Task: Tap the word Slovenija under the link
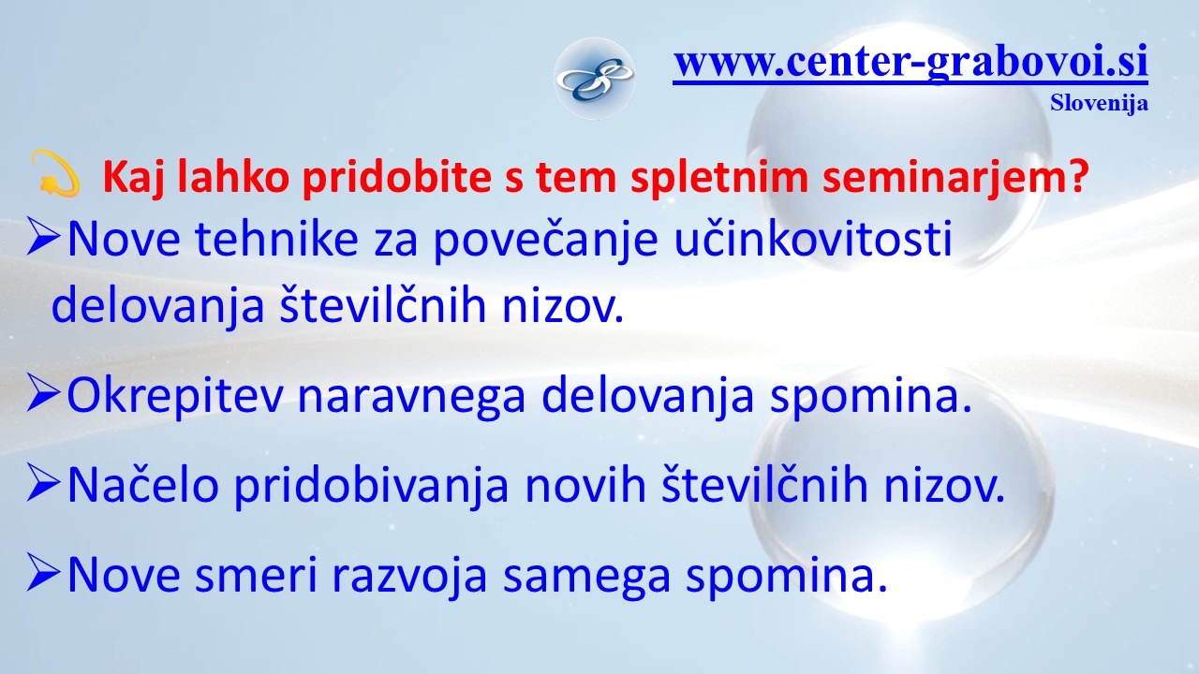[x=1099, y=103]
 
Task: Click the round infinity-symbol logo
[x=595, y=79]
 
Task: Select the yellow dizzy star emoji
[x=55, y=174]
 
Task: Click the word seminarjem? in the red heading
[x=956, y=177]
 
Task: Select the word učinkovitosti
[x=813, y=239]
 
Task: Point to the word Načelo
[x=143, y=485]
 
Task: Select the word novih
[x=585, y=485]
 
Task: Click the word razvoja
[x=409, y=577]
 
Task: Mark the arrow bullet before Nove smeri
[x=43, y=572]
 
